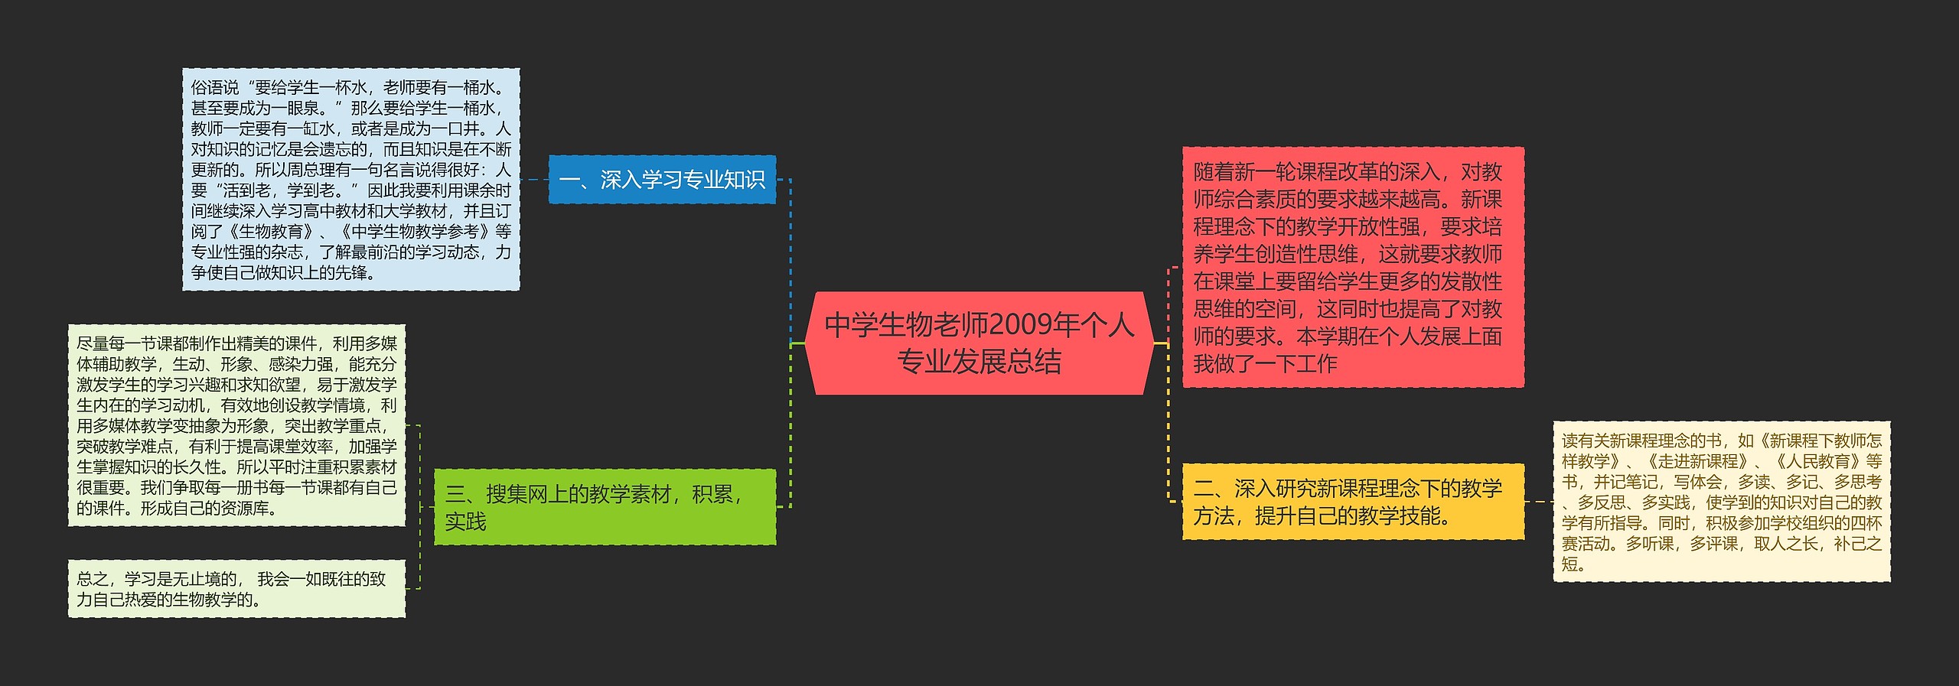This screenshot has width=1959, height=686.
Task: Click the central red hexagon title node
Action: pos(979,343)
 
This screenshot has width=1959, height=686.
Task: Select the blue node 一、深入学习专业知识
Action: pos(662,180)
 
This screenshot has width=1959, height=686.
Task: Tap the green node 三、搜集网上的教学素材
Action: pos(605,506)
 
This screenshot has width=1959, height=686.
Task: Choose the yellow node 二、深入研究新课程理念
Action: pos(1352,502)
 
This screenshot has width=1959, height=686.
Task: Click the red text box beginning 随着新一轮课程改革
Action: pos(1352,267)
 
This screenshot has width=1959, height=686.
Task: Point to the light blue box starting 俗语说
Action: pos(350,180)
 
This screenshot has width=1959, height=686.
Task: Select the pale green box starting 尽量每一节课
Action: pos(236,425)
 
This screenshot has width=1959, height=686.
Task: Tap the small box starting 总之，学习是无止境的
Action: pos(236,589)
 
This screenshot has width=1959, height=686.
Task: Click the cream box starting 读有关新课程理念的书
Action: pos(1721,502)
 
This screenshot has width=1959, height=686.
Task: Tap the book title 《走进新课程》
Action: pos(1698,462)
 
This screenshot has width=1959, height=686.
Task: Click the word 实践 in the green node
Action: pos(465,522)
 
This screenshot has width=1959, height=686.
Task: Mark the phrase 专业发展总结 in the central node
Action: pos(979,361)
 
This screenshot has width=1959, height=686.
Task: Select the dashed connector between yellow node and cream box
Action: pos(1538,502)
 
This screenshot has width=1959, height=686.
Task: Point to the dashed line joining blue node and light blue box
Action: pos(534,180)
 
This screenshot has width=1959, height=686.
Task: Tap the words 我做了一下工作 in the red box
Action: pos(1265,364)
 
